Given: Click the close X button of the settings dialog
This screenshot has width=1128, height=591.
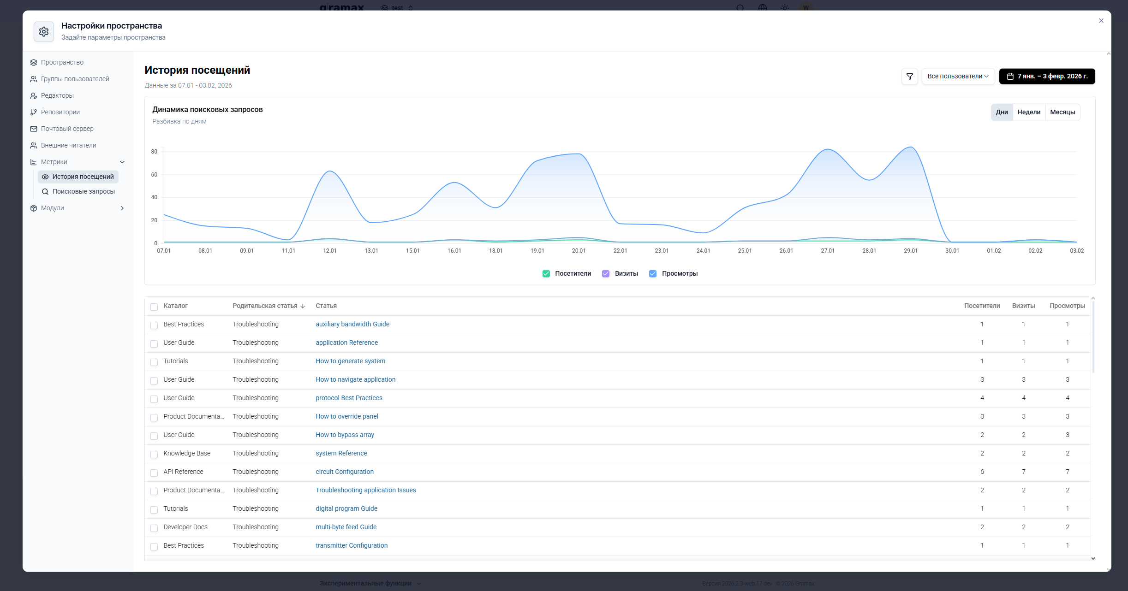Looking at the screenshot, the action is pyautogui.click(x=1101, y=21).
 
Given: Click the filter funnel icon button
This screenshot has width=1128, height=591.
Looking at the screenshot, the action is pyautogui.click(x=910, y=77).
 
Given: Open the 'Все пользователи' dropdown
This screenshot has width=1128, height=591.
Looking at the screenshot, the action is pyautogui.click(x=958, y=77).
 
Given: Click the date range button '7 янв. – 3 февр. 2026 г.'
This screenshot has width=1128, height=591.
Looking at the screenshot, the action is pyautogui.click(x=1047, y=77).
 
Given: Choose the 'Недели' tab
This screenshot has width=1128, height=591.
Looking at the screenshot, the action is pyautogui.click(x=1029, y=112).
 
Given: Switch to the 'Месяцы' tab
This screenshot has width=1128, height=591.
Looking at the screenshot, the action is pyautogui.click(x=1062, y=112).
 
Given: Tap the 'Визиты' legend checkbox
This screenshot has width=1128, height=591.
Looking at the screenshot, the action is pyautogui.click(x=606, y=274).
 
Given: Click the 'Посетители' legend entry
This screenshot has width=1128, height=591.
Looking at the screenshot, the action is pyautogui.click(x=567, y=274).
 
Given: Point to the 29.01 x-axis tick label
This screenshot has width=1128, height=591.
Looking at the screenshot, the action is pyautogui.click(x=911, y=251).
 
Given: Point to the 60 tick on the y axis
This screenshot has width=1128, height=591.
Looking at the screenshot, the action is pyautogui.click(x=154, y=175).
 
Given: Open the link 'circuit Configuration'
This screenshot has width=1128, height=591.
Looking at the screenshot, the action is pyautogui.click(x=345, y=472).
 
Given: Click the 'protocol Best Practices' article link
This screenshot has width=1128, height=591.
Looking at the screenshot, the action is pyautogui.click(x=349, y=398).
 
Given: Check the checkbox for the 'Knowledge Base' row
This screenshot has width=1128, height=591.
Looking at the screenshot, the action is pyautogui.click(x=154, y=455).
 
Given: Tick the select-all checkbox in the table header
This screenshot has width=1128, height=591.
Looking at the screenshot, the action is pyautogui.click(x=154, y=307).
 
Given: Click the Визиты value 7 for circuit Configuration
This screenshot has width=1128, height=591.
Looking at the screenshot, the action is pyautogui.click(x=1024, y=472).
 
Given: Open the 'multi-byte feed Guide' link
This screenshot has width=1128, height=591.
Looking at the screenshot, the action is pyautogui.click(x=346, y=527).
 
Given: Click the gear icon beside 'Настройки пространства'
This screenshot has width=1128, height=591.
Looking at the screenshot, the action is pyautogui.click(x=44, y=32).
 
